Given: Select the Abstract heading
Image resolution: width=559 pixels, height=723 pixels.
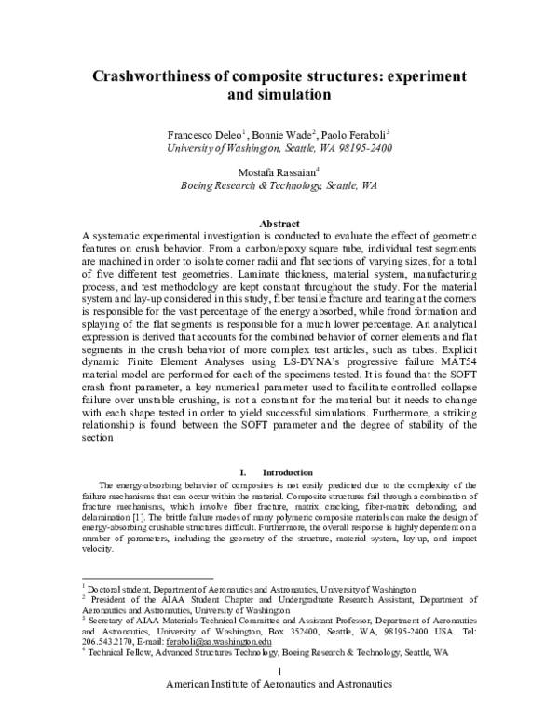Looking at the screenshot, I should click(x=279, y=198).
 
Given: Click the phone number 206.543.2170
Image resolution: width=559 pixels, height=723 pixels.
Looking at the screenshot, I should click(x=108, y=642).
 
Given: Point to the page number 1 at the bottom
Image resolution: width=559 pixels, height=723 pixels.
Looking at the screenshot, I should click(x=279, y=698).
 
